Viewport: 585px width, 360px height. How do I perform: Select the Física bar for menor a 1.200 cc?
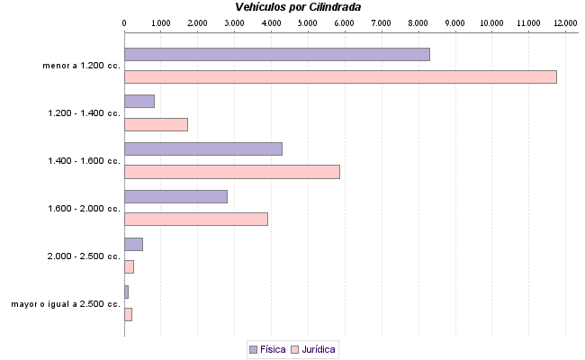[276, 54]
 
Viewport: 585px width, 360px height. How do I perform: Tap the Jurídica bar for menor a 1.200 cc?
[340, 76]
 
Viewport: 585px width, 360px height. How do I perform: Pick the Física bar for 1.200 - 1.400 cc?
[139, 101]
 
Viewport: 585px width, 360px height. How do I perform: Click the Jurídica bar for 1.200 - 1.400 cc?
[156, 124]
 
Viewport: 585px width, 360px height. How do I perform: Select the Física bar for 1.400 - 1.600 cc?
[202, 148]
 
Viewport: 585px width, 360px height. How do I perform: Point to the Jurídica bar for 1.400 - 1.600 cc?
[231, 172]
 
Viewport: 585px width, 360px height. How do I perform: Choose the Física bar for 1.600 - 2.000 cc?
[175, 196]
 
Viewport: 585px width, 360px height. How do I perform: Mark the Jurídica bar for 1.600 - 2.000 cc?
[195, 219]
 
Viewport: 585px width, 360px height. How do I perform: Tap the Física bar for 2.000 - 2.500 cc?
[133, 244]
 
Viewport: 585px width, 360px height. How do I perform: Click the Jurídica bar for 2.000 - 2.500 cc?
[129, 266]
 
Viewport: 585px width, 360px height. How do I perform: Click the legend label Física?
[273, 349]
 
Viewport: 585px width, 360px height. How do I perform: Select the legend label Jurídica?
[319, 349]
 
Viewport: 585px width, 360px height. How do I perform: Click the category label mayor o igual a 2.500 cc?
[66, 304]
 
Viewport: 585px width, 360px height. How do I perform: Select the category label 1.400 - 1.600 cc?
[84, 161]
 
